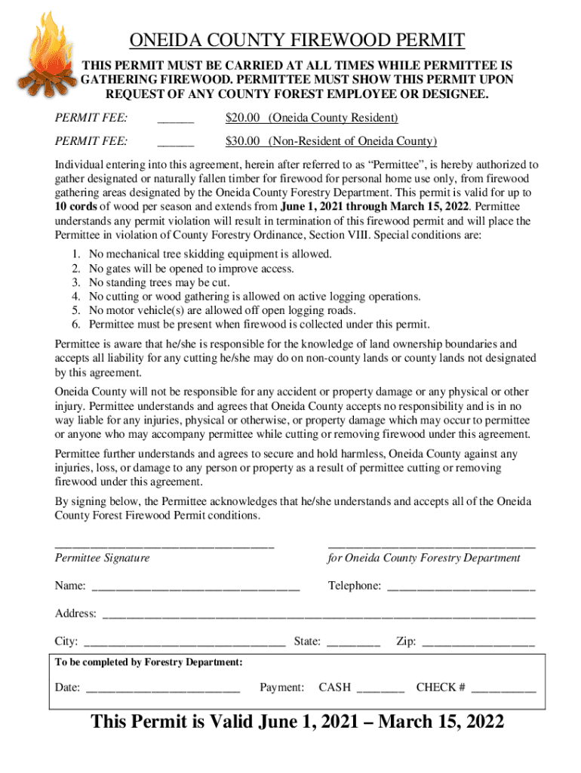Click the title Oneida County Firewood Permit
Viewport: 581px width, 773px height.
point(297,40)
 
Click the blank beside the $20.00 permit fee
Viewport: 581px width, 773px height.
point(175,119)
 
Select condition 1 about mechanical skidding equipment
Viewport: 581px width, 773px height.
point(210,254)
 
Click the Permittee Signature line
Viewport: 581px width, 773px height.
point(164,544)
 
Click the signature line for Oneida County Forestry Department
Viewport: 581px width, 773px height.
point(431,544)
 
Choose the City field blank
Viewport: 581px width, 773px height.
point(184,643)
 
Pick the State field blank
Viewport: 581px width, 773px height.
point(354,643)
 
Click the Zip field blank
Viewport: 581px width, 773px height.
point(478,643)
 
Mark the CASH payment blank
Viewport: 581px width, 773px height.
point(380,688)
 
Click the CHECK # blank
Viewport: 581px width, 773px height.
point(503,688)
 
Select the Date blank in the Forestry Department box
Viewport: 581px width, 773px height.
point(163,688)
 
